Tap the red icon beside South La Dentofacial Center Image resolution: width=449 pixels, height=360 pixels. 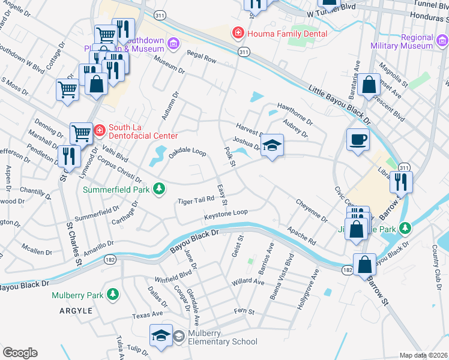[x=99, y=128]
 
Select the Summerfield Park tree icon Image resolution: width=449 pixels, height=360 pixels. [x=158, y=189]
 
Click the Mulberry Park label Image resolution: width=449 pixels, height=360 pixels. [x=77, y=295]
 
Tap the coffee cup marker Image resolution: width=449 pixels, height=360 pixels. [x=358, y=140]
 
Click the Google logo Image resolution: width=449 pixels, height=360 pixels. [x=20, y=353]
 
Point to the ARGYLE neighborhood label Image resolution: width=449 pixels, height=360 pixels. [x=76, y=311]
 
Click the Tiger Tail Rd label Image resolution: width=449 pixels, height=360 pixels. [x=196, y=200]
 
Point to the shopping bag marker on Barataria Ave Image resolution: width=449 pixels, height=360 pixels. [x=369, y=85]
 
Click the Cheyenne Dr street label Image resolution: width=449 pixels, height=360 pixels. [x=312, y=211]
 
